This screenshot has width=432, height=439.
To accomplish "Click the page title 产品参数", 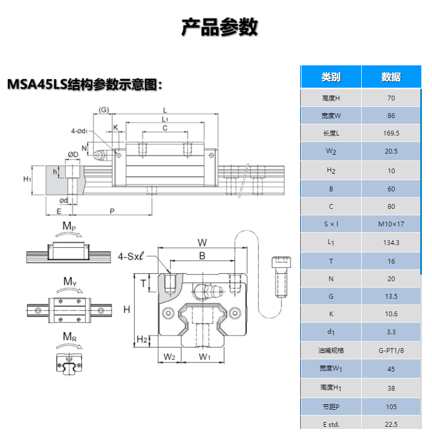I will pos(219,27).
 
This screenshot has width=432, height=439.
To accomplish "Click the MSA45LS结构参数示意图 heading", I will pos(84,85).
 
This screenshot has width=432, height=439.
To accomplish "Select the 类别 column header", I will pos(331,77).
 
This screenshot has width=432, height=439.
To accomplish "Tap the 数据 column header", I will pos(391,77).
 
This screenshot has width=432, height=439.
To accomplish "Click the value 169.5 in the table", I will pos(391,133).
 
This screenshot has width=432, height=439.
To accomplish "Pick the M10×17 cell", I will pos(391,224).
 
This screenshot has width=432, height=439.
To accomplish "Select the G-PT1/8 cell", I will pos(391,350).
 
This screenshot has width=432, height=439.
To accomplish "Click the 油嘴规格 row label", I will pos(331,350).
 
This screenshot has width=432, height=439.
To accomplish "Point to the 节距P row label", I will pos(331,407).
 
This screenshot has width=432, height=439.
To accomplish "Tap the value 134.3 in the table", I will pos(391,242).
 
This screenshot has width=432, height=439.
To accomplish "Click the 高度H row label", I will pos(331,98).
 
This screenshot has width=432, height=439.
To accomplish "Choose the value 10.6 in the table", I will pos(391,314).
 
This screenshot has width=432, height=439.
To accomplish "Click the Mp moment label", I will pos(69,226).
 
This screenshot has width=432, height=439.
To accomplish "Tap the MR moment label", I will pos(69,336).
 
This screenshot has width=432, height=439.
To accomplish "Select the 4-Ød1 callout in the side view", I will pos(80,130).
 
